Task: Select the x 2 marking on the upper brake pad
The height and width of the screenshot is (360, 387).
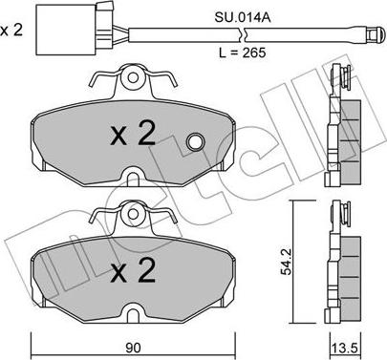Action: (133, 135)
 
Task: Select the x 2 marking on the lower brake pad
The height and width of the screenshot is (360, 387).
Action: (133, 275)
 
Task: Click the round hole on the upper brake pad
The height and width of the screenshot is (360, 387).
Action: (195, 143)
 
